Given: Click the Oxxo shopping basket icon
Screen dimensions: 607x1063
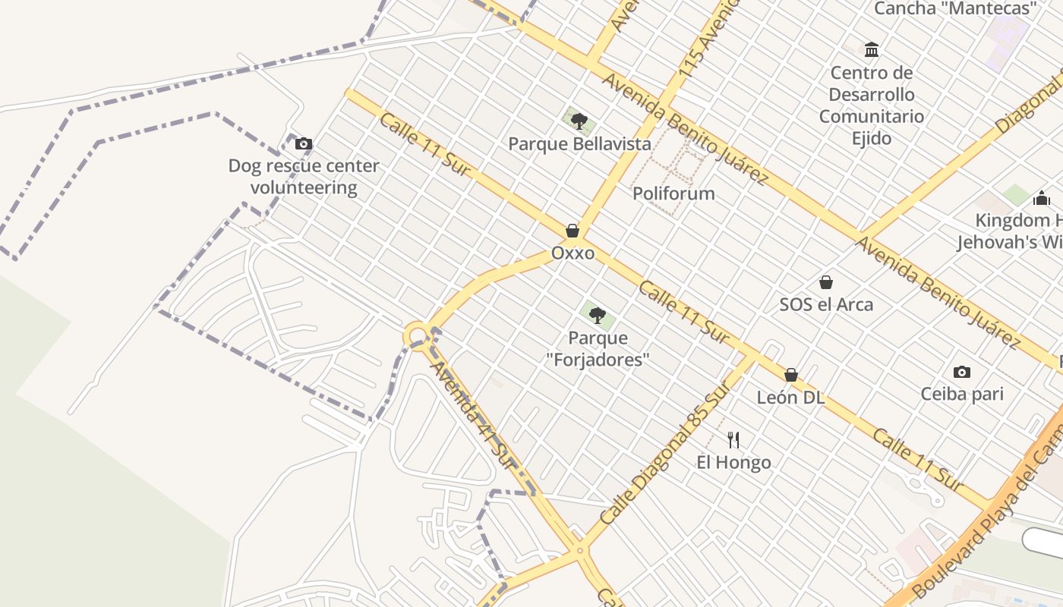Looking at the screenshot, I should (573, 231).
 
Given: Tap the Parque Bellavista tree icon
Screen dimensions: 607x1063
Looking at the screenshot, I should (579, 121).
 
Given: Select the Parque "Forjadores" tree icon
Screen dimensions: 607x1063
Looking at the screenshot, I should (598, 316).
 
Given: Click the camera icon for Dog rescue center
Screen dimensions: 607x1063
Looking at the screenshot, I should (304, 143).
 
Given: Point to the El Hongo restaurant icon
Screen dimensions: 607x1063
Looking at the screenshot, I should (733, 440).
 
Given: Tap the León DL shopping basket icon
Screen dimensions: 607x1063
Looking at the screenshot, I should (791, 375).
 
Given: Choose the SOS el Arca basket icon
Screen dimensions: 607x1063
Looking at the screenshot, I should (826, 282).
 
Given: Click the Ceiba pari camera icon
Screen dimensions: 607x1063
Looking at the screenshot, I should (962, 372).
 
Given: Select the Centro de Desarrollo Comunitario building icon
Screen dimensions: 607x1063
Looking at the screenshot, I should (872, 50).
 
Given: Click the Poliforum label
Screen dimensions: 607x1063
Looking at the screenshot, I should (673, 193).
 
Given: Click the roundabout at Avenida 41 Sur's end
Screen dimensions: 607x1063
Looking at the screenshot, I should (417, 335).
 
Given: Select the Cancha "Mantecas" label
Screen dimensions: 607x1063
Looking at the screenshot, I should (955, 9).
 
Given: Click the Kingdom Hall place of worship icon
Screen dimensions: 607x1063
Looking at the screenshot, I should (1042, 198).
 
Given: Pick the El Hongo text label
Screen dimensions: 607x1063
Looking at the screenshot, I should (733, 462).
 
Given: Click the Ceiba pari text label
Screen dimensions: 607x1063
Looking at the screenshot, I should (962, 394).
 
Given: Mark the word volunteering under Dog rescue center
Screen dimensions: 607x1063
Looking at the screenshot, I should (304, 187).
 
